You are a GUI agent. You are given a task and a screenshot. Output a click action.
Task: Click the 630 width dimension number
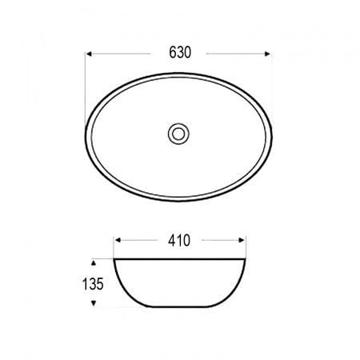pyautogui.click(x=180, y=53)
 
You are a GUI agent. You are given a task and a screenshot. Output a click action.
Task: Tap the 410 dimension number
pyautogui.click(x=179, y=241)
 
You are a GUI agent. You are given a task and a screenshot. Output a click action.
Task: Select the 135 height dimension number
pyautogui.click(x=93, y=284)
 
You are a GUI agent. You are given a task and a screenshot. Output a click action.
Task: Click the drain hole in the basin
pyautogui.click(x=178, y=134)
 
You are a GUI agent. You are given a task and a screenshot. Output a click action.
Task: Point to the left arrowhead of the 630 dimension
pyautogui.click(x=89, y=54)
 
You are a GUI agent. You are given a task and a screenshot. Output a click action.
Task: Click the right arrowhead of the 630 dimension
pyautogui.click(x=267, y=54)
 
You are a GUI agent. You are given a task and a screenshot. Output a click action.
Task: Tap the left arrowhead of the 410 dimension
pyautogui.click(x=118, y=240)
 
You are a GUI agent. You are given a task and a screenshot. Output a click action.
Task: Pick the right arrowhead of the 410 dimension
pyautogui.click(x=242, y=240)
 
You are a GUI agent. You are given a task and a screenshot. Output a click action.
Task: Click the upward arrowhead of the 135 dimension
pyautogui.click(x=94, y=263)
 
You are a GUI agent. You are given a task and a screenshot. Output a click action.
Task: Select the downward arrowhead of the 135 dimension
pyautogui.click(x=94, y=303)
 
